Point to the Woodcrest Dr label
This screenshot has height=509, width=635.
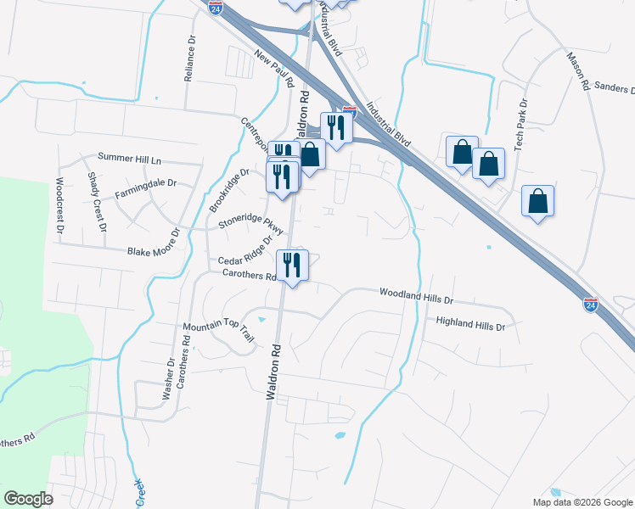point(60,204)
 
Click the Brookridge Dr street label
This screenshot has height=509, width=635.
point(229,190)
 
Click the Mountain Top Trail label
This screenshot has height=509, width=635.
point(218,332)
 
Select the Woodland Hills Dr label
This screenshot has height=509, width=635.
point(417,295)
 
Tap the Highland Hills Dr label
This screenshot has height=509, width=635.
point(470,324)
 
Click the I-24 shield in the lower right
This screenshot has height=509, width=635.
point(592,304)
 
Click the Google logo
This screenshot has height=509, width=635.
point(28,498)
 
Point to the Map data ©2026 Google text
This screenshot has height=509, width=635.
point(582,501)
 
